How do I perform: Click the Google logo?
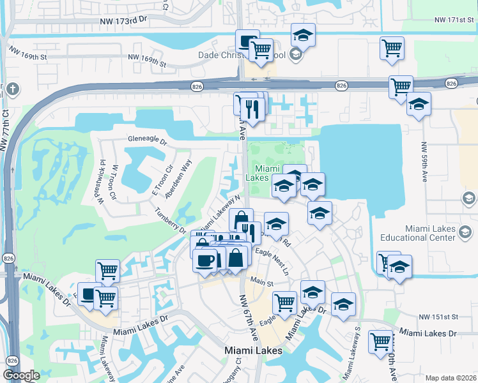(22, 375)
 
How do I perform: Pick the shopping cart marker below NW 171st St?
(392, 48)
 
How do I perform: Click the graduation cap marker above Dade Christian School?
(304, 34)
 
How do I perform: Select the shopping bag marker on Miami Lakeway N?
(241, 220)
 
